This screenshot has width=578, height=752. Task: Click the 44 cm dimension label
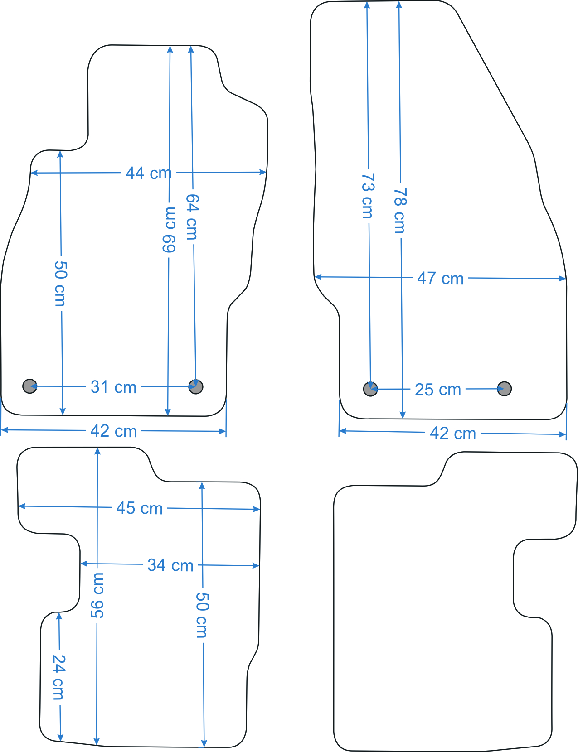(149, 173)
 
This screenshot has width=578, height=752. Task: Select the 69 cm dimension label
(169, 230)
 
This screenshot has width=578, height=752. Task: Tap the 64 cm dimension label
(192, 217)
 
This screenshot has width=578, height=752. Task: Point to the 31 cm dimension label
(114, 387)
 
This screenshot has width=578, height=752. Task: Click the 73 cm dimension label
(367, 196)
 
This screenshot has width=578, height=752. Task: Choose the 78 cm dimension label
(400, 211)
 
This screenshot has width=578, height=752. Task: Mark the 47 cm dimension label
(440, 278)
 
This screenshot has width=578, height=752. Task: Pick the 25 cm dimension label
(438, 389)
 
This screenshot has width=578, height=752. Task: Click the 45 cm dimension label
(139, 508)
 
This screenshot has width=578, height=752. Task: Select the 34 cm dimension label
(170, 565)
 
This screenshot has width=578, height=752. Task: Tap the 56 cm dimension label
(97, 595)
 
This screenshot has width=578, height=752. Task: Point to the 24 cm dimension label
(58, 677)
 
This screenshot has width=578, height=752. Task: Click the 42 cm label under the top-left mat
(114, 431)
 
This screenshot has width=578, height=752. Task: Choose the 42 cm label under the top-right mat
(453, 433)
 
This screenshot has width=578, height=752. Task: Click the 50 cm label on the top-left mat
(60, 284)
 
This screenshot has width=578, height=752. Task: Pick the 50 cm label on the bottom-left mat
(202, 615)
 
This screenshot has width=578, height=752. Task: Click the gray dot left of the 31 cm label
(30, 386)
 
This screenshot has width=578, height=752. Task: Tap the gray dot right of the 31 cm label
(196, 386)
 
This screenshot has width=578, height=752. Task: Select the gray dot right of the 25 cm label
(504, 389)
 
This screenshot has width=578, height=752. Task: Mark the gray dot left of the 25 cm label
(370, 389)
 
